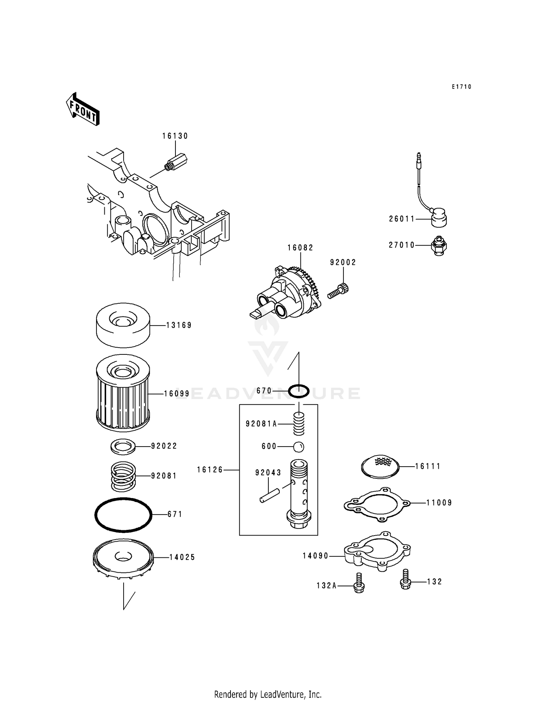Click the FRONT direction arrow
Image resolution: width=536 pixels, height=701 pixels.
pos(83,109)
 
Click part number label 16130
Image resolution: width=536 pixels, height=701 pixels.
pos(175,136)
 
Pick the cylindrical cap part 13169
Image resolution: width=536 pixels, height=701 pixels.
pos(123,325)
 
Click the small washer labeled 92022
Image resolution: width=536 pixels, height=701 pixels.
pos(123,447)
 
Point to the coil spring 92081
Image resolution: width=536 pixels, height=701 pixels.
pos(123,476)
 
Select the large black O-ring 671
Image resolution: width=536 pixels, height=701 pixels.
pos(123,515)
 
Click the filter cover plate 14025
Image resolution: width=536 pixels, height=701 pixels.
pos(123,558)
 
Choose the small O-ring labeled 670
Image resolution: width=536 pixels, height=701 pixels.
pos(298,391)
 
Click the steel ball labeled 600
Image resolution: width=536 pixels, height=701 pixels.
pos(299,446)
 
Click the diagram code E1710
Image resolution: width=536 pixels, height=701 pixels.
pos(461,87)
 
